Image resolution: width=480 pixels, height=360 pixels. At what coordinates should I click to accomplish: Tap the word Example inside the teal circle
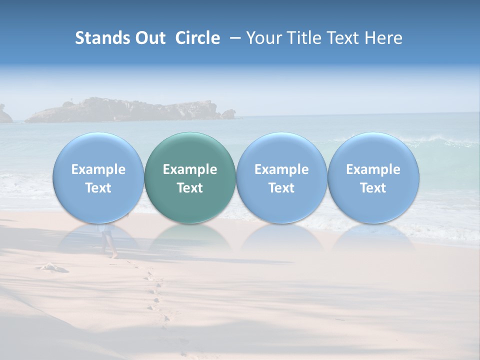click(x=190, y=169)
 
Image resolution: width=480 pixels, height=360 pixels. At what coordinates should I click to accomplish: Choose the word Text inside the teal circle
click(x=190, y=188)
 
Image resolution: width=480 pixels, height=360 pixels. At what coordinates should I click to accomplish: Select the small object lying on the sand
click(x=52, y=267)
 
